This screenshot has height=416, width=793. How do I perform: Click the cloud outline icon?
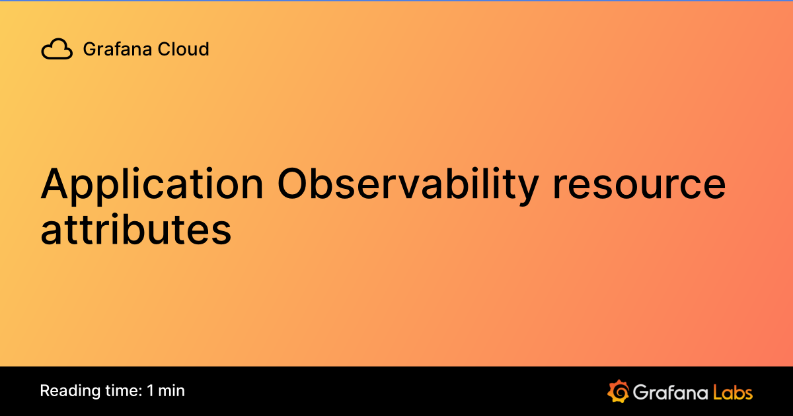coord(57,50)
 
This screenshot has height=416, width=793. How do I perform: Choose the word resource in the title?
coord(639,186)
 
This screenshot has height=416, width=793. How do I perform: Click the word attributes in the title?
coord(136,229)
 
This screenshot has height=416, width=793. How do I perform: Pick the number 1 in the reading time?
coord(151,391)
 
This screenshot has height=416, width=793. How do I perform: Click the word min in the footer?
coord(171,391)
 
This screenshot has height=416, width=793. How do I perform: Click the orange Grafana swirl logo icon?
coord(618,392)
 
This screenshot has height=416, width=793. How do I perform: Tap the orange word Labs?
coord(732,392)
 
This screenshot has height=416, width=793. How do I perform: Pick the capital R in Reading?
coord(45,391)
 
